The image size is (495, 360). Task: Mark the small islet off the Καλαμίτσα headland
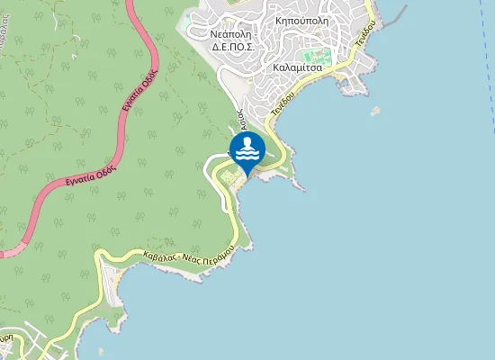[374, 111]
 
